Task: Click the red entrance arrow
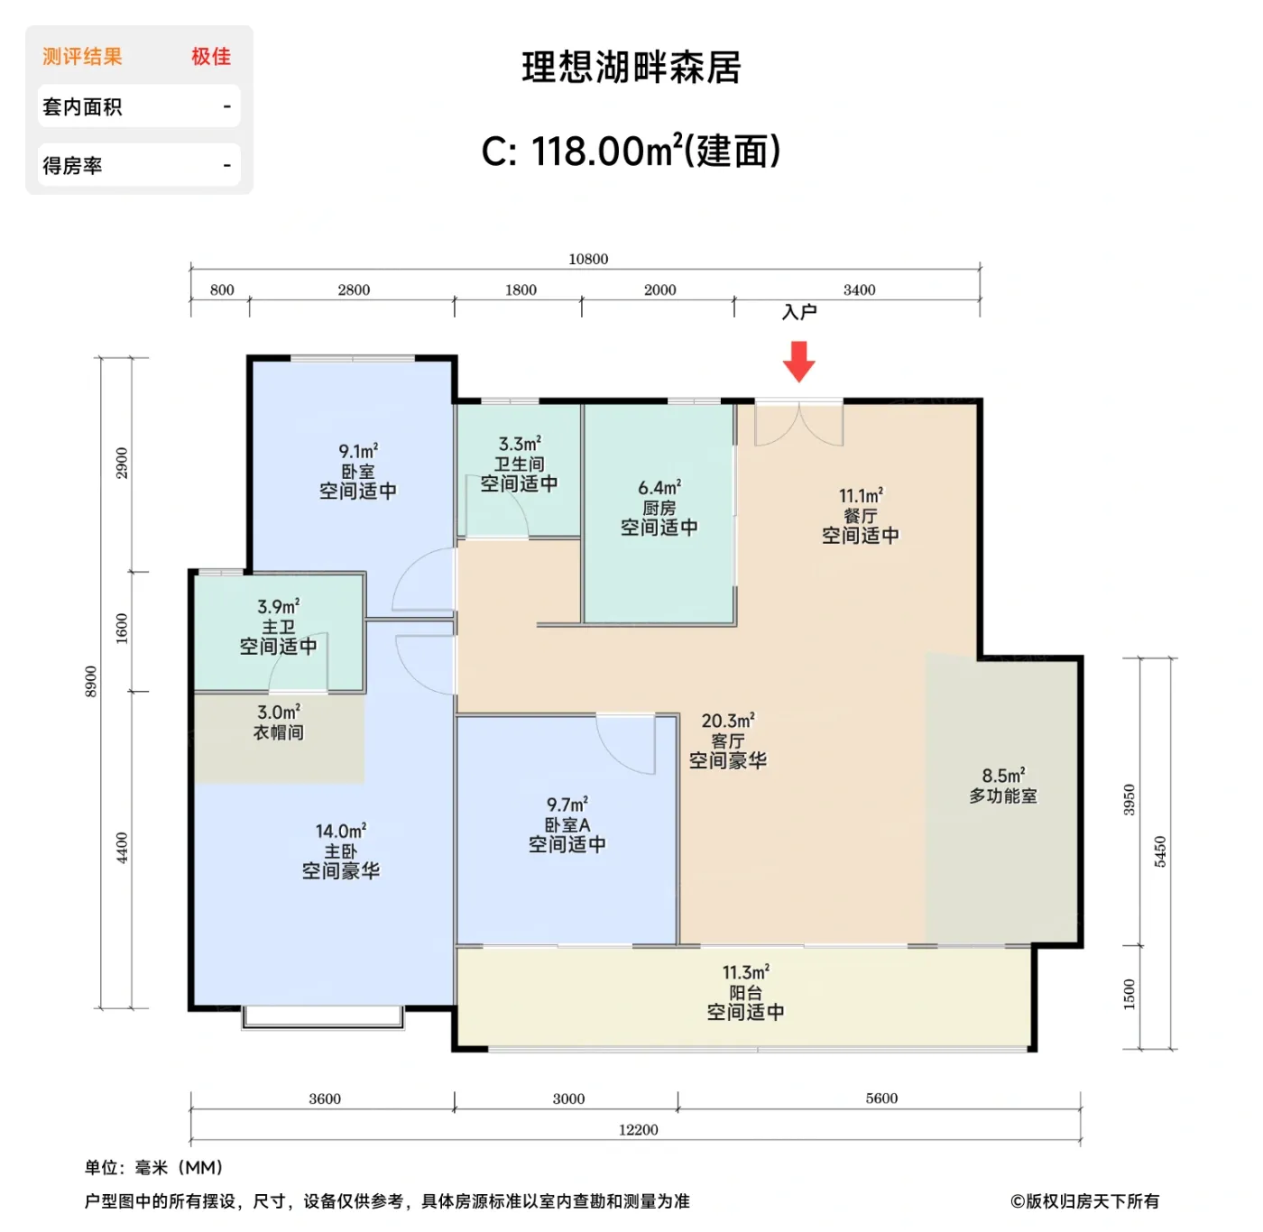coord(798,361)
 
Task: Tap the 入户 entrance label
coord(799,312)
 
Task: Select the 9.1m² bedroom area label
coord(358,471)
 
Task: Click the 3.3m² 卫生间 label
coord(519,464)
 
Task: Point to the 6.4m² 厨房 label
coord(659,508)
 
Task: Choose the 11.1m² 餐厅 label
coord(860,516)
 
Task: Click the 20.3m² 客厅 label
coord(728,740)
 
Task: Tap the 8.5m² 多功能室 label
coord(1003,786)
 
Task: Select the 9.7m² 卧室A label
coord(567,824)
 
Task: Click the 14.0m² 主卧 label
coord(340,850)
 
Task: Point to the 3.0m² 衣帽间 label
coord(279,722)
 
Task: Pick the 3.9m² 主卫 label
coord(278,626)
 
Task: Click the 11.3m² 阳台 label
coord(745,992)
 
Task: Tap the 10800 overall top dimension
coord(588,259)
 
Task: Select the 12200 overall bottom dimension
coord(638,1129)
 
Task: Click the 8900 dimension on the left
coord(90,681)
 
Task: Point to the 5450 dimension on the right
coord(1160,851)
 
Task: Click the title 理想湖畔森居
coord(631,68)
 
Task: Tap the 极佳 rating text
coord(211,57)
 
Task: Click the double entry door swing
coord(799,424)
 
